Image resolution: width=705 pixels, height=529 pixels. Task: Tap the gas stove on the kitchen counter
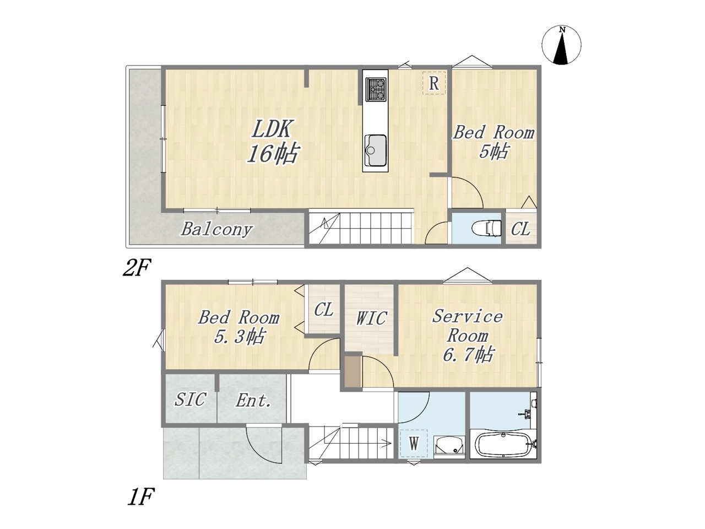[376, 89]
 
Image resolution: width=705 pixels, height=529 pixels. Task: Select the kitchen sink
[375, 150]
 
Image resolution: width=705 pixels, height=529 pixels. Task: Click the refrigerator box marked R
[434, 83]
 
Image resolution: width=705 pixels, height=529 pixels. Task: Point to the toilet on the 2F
[486, 228]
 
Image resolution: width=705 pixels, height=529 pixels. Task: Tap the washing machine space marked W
[414, 444]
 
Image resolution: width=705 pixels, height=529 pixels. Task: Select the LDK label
[272, 129]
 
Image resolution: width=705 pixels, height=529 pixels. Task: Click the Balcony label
[217, 230]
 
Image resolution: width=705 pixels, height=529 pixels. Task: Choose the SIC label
[190, 400]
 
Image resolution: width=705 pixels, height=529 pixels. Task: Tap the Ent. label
[253, 400]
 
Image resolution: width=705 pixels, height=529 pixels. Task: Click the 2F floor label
[137, 268]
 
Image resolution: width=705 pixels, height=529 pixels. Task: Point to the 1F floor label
[141, 496]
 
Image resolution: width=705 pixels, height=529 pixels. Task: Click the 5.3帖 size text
[239, 337]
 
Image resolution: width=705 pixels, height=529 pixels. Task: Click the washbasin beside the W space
[449, 447]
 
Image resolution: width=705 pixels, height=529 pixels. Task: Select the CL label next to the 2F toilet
[520, 229]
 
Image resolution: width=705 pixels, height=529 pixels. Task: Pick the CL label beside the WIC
[323, 310]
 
